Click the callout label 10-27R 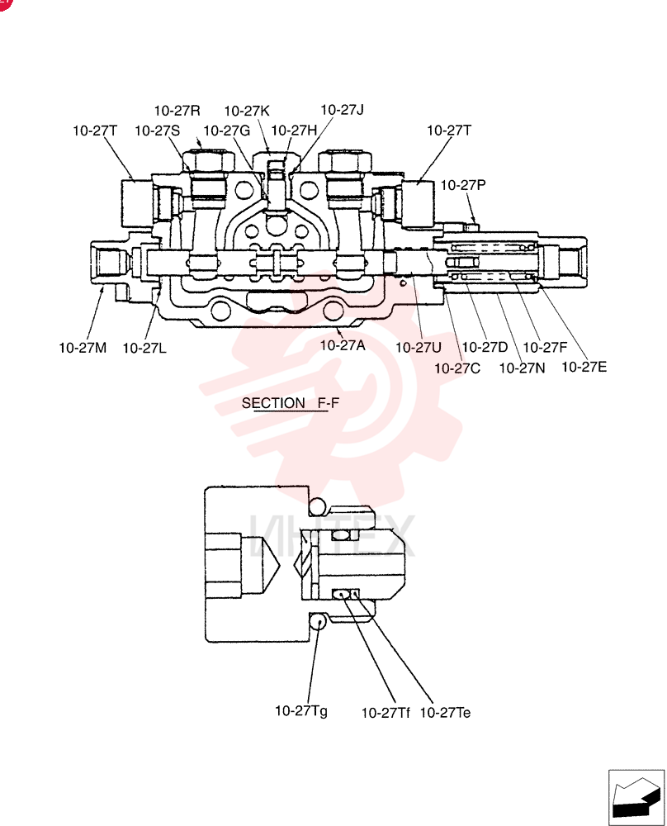[177, 111]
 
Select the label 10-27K [247, 111]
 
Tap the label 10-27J [343, 110]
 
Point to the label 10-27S [158, 131]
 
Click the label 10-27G [227, 131]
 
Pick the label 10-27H [294, 131]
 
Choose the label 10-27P [463, 185]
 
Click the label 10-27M [83, 348]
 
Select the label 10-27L [144, 348]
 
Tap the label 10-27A [343, 345]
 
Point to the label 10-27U [419, 347]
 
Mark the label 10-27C [457, 368]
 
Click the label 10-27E [584, 367]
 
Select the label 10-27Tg [301, 711]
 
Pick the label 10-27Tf [386, 713]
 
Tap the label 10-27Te [446, 712]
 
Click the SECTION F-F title [291, 403]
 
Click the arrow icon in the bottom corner [636, 797]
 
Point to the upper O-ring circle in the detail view [318, 506]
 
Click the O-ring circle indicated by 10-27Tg [318, 622]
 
